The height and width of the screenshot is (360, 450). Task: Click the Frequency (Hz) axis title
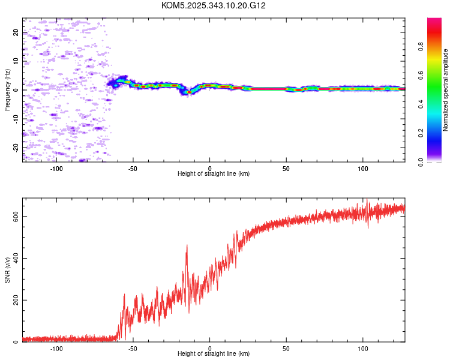point(7,90)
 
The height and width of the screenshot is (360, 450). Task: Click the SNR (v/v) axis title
point(7,271)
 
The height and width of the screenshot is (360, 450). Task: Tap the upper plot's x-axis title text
point(214,173)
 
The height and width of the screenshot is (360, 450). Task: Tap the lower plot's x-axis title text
point(214,354)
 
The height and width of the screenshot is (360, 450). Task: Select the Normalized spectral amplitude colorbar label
point(446,90)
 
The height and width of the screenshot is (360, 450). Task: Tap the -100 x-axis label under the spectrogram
point(56,167)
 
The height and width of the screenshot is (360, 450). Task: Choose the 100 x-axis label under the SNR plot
point(362,348)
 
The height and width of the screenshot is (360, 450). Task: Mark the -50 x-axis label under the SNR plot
point(133,348)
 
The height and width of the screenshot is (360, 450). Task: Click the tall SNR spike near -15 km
point(187,246)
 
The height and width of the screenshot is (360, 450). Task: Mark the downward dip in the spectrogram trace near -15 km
point(187,92)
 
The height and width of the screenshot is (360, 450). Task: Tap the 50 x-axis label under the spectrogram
point(286,167)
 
